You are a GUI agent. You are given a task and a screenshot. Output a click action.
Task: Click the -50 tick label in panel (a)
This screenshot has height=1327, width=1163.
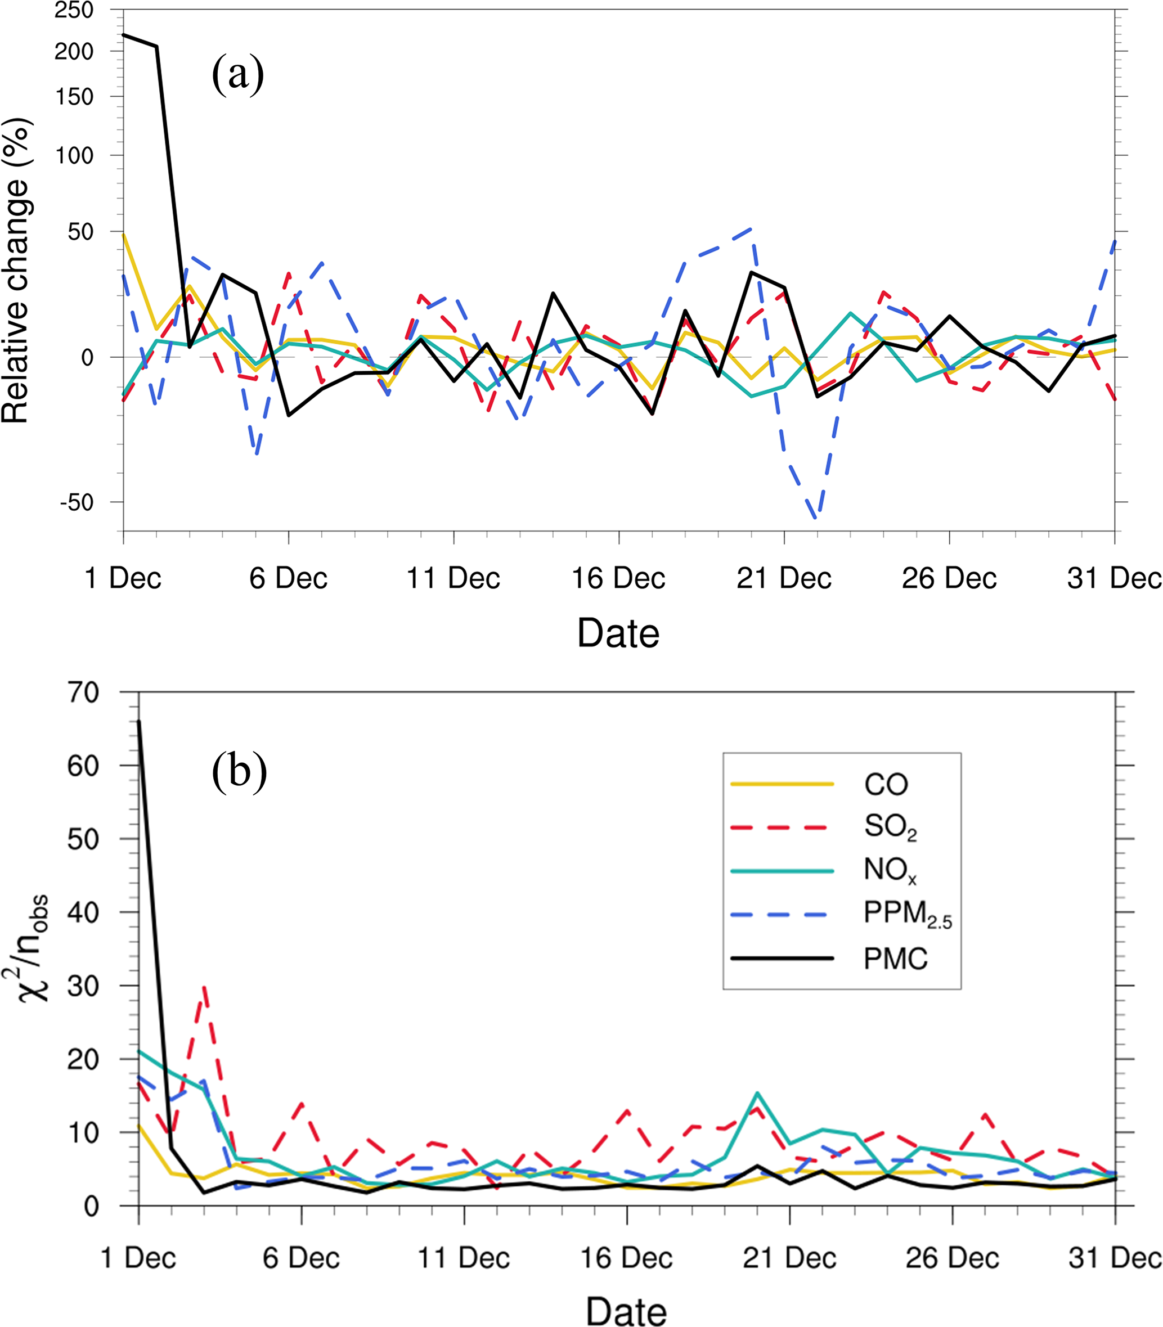coord(77,502)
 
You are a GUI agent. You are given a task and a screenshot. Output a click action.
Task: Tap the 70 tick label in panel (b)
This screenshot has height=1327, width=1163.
coord(83,693)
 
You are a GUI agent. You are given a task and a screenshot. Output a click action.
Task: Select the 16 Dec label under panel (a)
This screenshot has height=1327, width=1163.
coord(618,578)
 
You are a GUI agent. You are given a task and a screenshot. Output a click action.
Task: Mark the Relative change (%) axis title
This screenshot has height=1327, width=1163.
coord(16,271)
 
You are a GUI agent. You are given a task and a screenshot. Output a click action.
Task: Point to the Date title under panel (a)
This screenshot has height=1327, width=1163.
coord(618,633)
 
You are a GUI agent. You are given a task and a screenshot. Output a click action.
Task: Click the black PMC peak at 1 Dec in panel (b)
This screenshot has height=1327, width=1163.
coord(139,722)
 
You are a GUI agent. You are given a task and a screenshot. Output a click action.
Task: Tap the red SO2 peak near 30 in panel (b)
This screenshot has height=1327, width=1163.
coord(204,987)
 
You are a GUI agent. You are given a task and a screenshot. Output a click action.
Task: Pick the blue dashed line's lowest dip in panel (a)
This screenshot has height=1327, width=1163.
coord(816,516)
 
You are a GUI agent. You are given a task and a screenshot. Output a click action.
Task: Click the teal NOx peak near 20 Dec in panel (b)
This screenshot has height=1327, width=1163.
coord(757,1094)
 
